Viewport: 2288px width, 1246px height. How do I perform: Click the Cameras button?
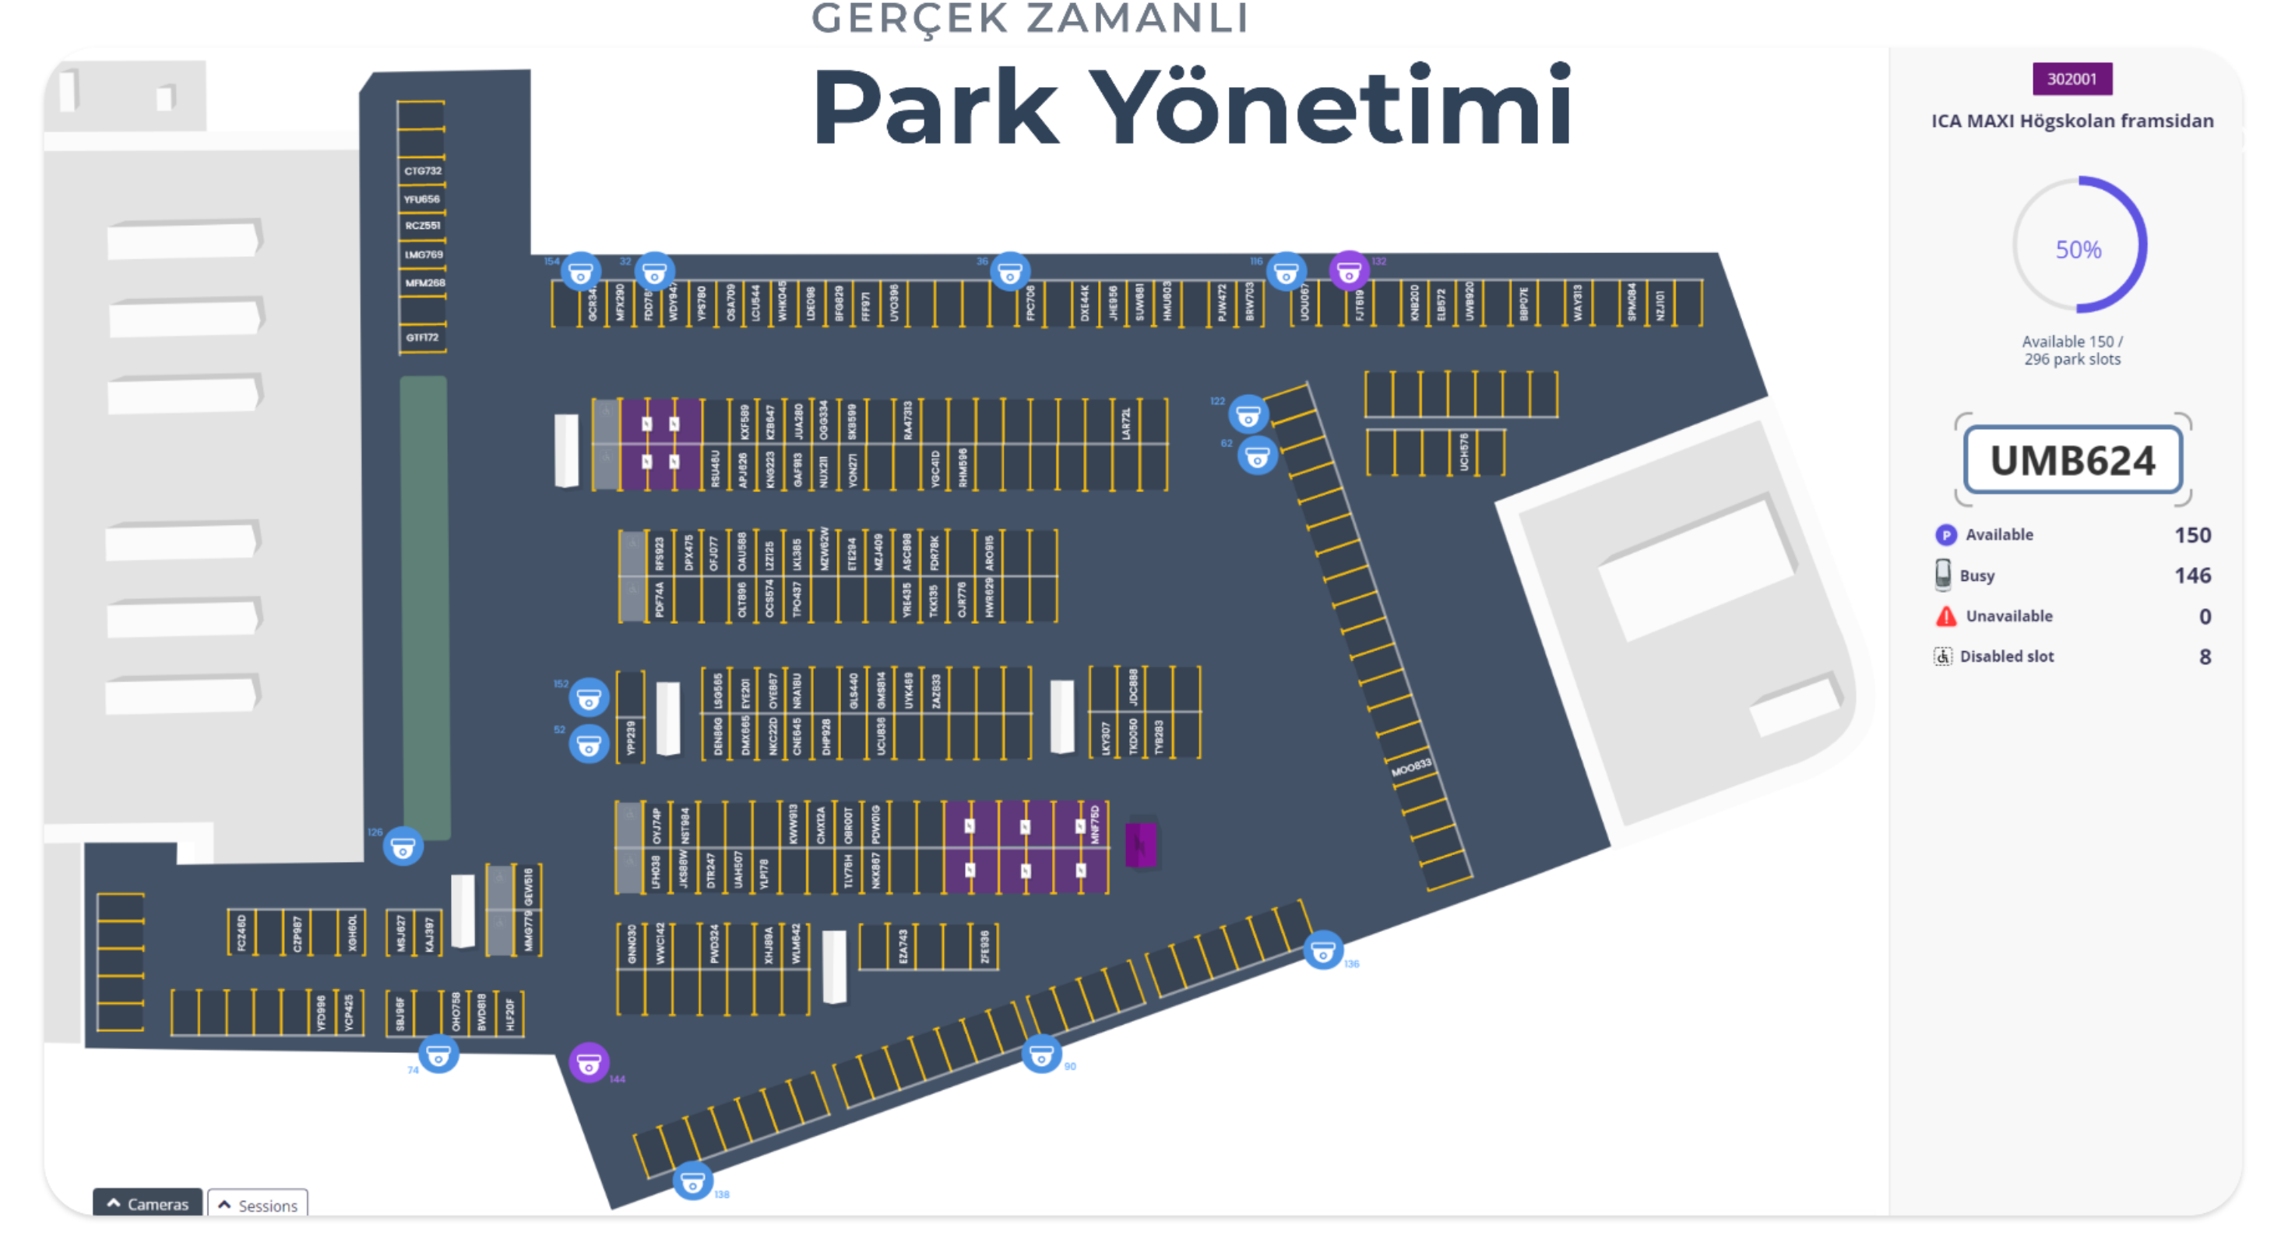click(x=147, y=1203)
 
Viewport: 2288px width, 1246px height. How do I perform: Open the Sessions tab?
click(x=258, y=1204)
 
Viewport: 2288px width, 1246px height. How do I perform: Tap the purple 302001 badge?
click(x=2072, y=79)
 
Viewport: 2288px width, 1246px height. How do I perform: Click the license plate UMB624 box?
click(x=2072, y=460)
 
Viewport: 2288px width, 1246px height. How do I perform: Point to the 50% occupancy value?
click(x=2078, y=249)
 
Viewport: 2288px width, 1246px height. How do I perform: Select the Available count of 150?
click(x=2192, y=535)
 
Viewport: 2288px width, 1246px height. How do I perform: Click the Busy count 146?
click(x=2192, y=575)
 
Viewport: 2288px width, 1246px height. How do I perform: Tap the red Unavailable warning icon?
click(x=1945, y=615)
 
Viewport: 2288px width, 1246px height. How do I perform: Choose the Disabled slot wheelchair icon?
click(x=1942, y=656)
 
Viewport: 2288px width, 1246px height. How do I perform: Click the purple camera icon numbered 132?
click(x=1348, y=272)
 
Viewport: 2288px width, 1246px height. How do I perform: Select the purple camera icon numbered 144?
click(x=588, y=1062)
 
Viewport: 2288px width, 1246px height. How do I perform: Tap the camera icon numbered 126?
click(x=403, y=848)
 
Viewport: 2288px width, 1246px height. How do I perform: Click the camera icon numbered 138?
click(x=692, y=1182)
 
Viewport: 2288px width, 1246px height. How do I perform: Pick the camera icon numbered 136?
click(x=1322, y=951)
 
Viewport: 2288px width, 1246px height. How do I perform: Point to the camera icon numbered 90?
click(x=1041, y=1054)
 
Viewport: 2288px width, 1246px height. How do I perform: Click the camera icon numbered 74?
click(x=438, y=1055)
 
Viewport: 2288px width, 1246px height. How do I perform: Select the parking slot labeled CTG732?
click(x=422, y=171)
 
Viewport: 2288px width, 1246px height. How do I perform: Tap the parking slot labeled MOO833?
click(x=1410, y=766)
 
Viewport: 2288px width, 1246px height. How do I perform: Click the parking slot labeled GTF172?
click(x=422, y=337)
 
